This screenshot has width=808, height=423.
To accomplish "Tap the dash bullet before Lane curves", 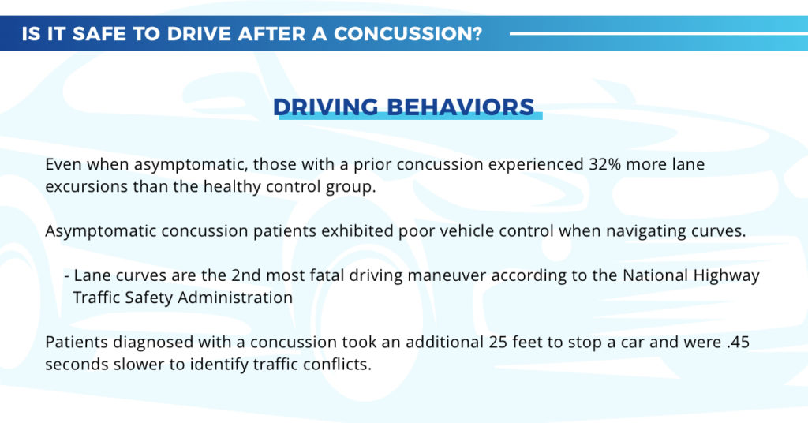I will [x=67, y=276].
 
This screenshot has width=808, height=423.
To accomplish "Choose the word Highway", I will [x=725, y=276].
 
